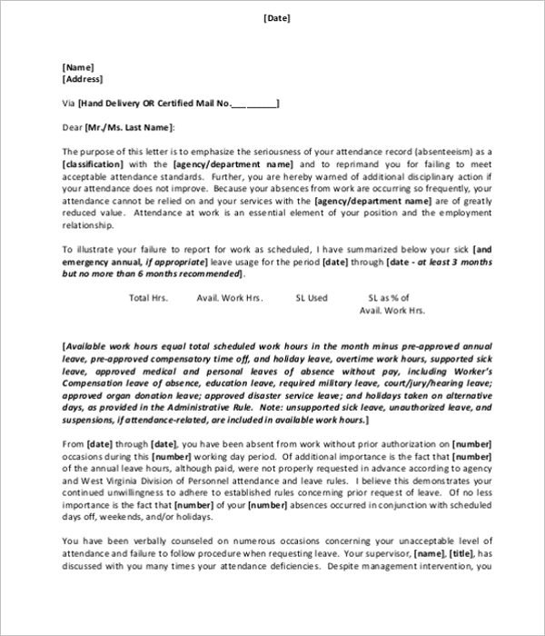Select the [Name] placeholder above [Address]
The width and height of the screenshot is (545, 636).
[x=77, y=66]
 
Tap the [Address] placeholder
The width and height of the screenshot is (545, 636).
[x=82, y=79]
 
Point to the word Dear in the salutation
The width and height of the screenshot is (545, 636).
[x=72, y=128]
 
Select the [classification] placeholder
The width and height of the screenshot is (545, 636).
[x=94, y=164]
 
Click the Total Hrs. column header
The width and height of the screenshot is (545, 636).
[x=150, y=297]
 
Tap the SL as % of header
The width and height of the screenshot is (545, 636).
[x=389, y=297]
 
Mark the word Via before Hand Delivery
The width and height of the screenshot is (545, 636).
[x=69, y=104]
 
